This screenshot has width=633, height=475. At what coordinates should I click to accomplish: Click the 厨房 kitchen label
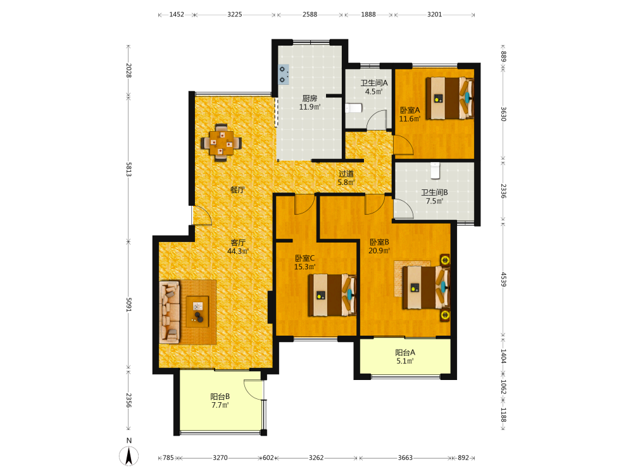[310, 98]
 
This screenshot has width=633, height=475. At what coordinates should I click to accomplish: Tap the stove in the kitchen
[284, 74]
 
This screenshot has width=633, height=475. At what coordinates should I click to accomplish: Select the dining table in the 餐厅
[221, 142]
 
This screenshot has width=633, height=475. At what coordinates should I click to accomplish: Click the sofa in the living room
[170, 312]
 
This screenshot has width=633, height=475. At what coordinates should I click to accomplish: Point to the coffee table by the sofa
[197, 312]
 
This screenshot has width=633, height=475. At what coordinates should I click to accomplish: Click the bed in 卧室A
[449, 98]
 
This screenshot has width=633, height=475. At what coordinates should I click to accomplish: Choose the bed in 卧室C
[332, 295]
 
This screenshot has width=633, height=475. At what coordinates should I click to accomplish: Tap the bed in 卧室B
[426, 287]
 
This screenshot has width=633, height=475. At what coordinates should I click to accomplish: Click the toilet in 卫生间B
[435, 170]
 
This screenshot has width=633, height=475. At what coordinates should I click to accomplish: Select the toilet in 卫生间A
[354, 108]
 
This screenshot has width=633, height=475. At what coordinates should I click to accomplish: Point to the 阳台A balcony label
[405, 353]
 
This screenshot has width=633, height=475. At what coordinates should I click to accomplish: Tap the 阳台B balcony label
[220, 396]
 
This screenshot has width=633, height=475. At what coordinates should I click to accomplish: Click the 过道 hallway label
[346, 174]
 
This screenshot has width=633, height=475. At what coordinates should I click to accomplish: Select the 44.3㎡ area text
[238, 251]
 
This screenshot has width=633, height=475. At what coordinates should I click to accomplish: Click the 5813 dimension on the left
[128, 169]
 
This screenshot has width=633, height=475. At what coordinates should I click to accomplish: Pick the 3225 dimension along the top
[235, 15]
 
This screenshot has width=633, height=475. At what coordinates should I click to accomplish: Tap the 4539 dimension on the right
[503, 279]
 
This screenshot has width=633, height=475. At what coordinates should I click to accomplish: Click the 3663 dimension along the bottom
[405, 458]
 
